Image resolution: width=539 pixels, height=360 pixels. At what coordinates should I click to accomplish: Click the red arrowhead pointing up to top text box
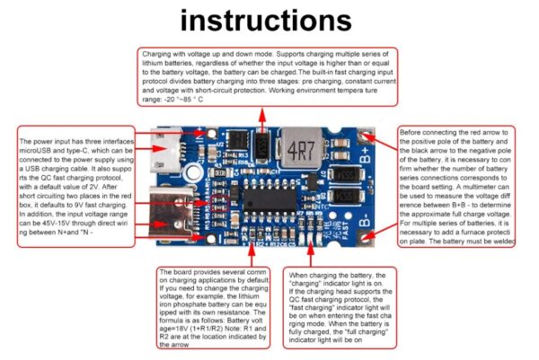coord(261,115)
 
